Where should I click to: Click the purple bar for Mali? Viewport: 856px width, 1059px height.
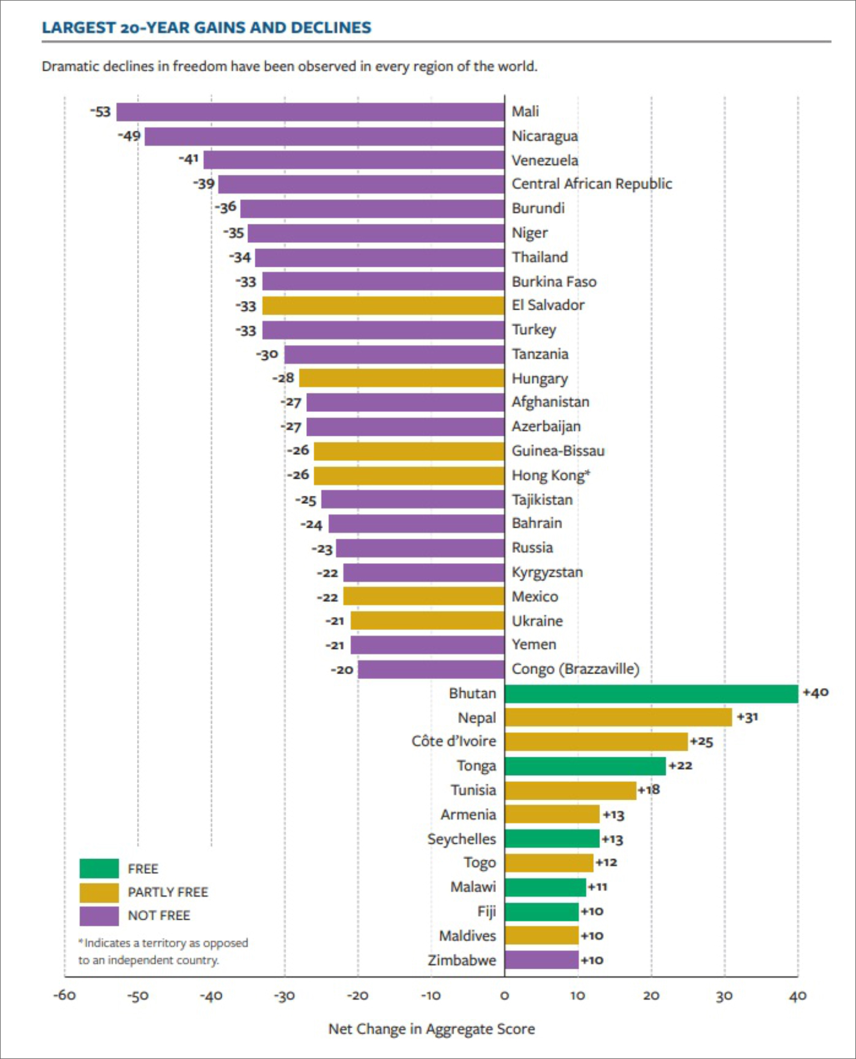310,112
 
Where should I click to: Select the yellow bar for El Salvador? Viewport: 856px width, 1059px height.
383,306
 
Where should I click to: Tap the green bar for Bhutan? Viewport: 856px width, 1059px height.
651,694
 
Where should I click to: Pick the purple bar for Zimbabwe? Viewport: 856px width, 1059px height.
541,960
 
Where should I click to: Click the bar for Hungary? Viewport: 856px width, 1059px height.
401,378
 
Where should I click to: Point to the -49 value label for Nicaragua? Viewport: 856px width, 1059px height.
130,136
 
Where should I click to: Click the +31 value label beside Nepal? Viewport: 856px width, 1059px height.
747,717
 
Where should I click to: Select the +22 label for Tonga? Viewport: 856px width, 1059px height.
680,765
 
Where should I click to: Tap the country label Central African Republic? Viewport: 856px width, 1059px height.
591,184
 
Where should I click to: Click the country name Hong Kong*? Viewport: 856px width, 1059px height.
550,475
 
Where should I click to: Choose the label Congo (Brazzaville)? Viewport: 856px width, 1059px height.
575,669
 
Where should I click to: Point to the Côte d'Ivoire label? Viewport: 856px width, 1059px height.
454,741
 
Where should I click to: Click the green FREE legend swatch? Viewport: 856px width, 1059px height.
99,868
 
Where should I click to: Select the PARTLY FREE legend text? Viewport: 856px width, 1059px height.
168,892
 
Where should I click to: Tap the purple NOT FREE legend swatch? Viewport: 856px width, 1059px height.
99,916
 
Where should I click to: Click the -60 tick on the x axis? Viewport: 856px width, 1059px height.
65,996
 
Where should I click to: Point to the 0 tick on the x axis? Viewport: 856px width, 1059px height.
505,996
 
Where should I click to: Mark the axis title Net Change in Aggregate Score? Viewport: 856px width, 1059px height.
431,1029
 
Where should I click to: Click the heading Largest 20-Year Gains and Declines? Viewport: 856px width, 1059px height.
207,27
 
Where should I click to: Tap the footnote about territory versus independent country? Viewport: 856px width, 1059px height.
163,952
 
